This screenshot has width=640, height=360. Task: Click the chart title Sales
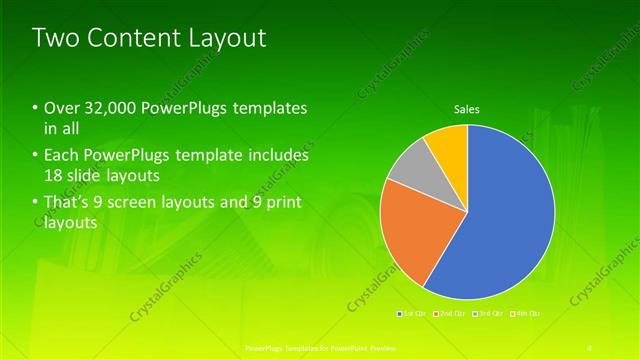pos(467,108)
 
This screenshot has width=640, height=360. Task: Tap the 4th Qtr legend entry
pos(525,314)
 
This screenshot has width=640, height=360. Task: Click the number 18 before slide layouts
pos(54,176)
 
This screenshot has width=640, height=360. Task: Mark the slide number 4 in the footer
pos(590,347)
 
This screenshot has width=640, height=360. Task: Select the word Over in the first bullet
pos(59,108)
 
